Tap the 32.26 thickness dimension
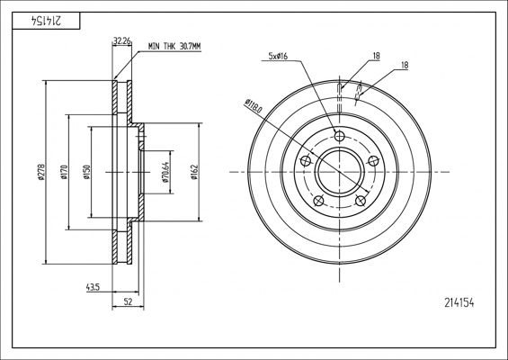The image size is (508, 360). click(123, 40)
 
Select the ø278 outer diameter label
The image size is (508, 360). click(41, 171)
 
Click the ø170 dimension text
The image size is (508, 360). click(64, 171)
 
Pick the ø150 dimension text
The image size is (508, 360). click(86, 171)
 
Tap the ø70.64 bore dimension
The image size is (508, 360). click(165, 171)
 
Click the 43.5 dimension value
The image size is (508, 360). click(93, 287)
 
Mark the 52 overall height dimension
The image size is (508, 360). click(128, 301)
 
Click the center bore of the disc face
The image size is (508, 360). click(339, 171)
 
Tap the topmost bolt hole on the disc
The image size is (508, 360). click(339, 136)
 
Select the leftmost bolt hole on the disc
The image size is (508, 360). click(305, 160)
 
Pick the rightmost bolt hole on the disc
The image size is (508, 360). click(373, 160)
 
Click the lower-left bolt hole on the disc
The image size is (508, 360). click(318, 200)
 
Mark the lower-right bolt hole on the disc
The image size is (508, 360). click(361, 200)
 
